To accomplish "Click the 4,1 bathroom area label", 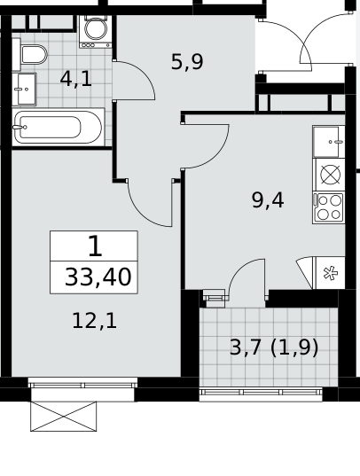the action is coord(76,79).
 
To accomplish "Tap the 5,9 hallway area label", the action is coord(187,62).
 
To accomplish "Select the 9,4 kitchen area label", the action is coord(268,200).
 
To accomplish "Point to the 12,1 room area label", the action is coord(95,321).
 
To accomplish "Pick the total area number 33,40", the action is coord(98,277).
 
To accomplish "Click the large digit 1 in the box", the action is coord(95,246).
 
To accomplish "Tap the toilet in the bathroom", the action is coord(30,55).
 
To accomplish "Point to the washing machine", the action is coord(96,32).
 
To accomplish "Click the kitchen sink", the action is coord(329,142).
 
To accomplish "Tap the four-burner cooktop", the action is coord(329,208).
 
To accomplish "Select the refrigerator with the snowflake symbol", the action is coord(329,273).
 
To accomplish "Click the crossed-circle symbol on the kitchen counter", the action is coord(330,175).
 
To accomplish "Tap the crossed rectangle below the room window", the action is coord(64,417).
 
